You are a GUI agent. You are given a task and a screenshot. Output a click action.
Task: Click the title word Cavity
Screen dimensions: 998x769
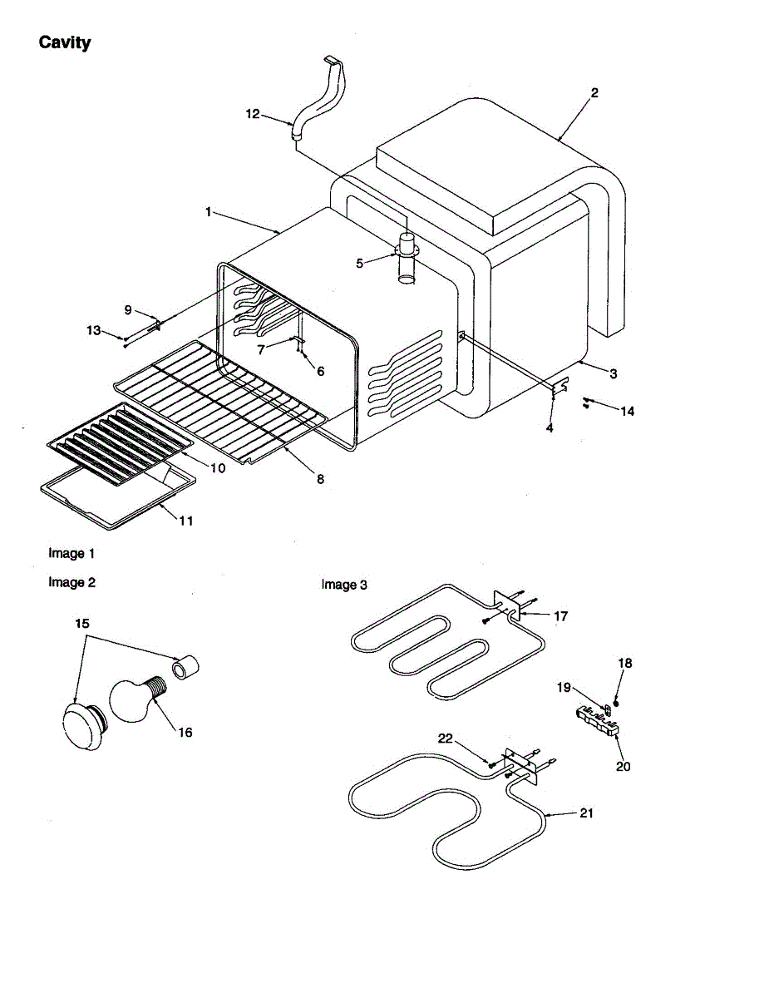coord(65,42)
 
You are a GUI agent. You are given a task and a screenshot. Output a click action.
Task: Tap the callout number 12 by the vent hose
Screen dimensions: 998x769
coord(253,115)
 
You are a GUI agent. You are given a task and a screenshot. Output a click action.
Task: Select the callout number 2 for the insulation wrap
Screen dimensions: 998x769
coord(594,93)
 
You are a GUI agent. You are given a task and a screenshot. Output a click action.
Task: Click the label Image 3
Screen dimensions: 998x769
coord(344,585)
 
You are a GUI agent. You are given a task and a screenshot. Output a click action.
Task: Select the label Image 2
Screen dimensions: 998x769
coord(71,582)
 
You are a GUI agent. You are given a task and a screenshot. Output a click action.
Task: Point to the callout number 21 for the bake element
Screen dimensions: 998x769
coord(586,813)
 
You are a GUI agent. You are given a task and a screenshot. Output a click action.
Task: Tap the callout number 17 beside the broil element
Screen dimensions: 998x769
coord(560,616)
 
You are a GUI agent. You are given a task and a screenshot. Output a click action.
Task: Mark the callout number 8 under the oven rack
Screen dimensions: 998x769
coord(320,479)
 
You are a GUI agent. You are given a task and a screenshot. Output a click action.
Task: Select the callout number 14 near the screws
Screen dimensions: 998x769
coord(627,411)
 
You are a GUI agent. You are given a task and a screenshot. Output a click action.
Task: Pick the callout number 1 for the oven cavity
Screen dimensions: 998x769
coord(209,212)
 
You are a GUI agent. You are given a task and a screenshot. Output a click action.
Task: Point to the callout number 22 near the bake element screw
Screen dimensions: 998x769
coord(446,738)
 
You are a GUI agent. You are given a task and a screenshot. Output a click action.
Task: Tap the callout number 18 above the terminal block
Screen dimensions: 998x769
coord(625,663)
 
